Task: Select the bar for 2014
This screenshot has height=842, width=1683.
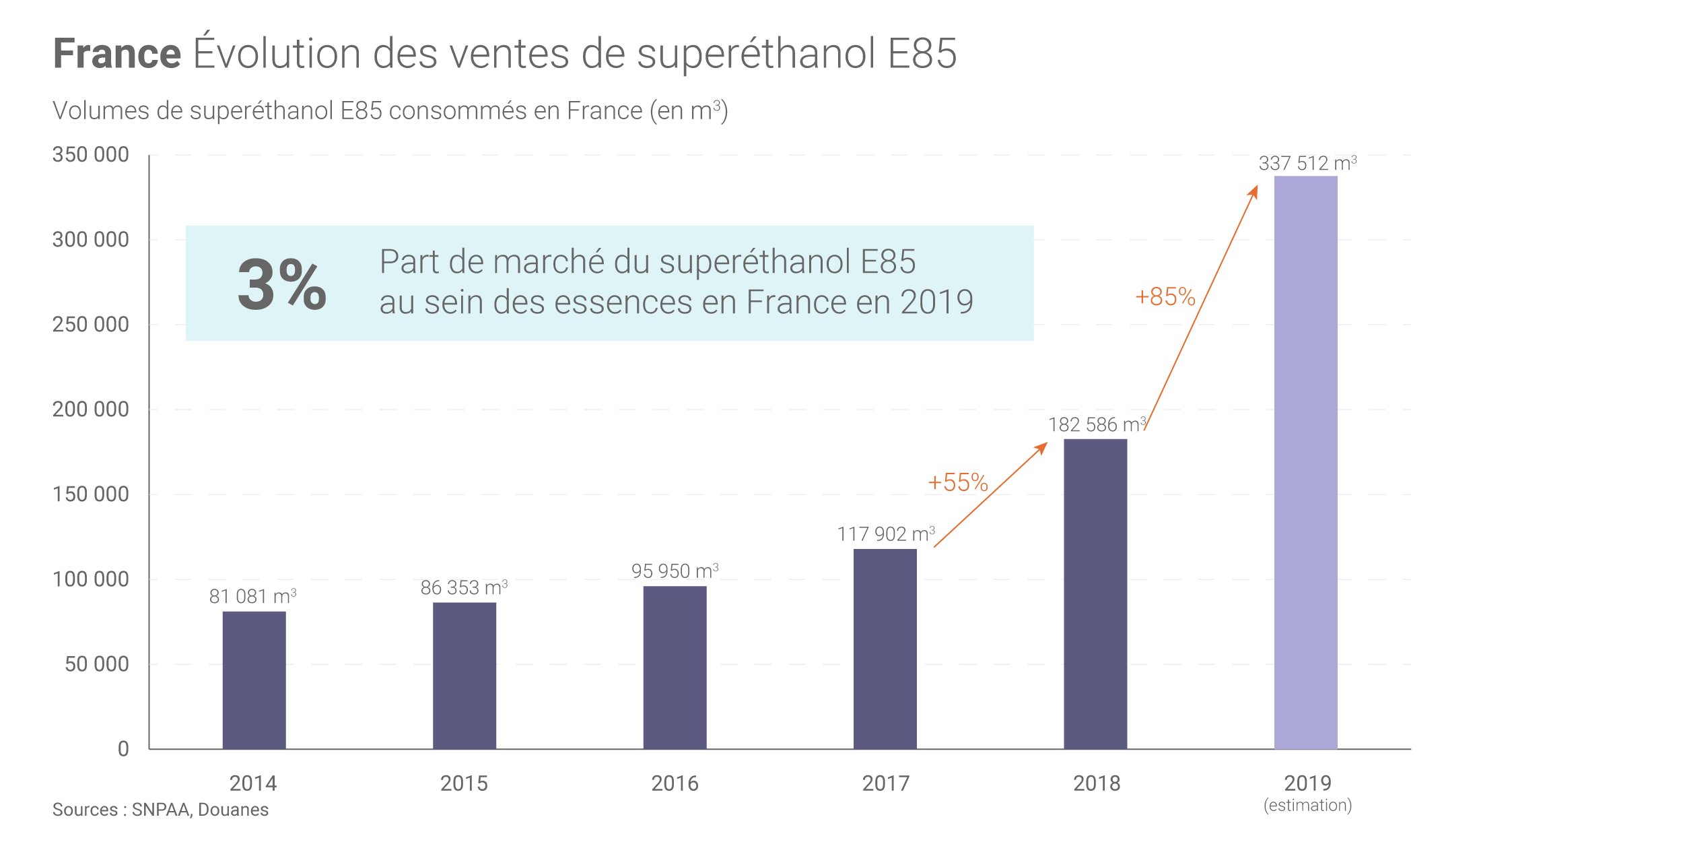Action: pyautogui.click(x=254, y=680)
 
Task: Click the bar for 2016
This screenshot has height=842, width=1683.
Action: pyautogui.click(x=675, y=667)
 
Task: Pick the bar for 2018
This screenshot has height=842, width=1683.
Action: pyautogui.click(x=1095, y=593)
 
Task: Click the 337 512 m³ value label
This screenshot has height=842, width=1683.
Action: pyautogui.click(x=1307, y=164)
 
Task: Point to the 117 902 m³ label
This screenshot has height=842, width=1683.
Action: pyautogui.click(x=885, y=534)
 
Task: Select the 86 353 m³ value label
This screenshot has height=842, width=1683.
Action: pyautogui.click(x=464, y=587)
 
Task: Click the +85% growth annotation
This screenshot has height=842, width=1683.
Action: pyautogui.click(x=1165, y=297)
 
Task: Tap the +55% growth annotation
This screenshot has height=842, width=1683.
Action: pyautogui.click(x=957, y=483)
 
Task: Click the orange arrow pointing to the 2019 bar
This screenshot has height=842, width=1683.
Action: pyautogui.click(x=1202, y=306)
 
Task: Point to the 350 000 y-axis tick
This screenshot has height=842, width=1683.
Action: pyautogui.click(x=91, y=155)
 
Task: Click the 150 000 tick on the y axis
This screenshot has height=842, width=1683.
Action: pyautogui.click(x=91, y=494)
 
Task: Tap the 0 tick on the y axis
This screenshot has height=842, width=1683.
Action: pyautogui.click(x=123, y=749)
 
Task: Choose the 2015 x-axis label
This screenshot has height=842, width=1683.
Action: pyautogui.click(x=464, y=783)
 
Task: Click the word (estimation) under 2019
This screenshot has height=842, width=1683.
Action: pyautogui.click(x=1307, y=806)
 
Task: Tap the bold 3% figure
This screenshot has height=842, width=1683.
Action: pyautogui.click(x=282, y=284)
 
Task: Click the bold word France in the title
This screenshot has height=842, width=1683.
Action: pyautogui.click(x=117, y=54)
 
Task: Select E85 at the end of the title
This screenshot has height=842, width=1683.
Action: pyautogui.click(x=922, y=54)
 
